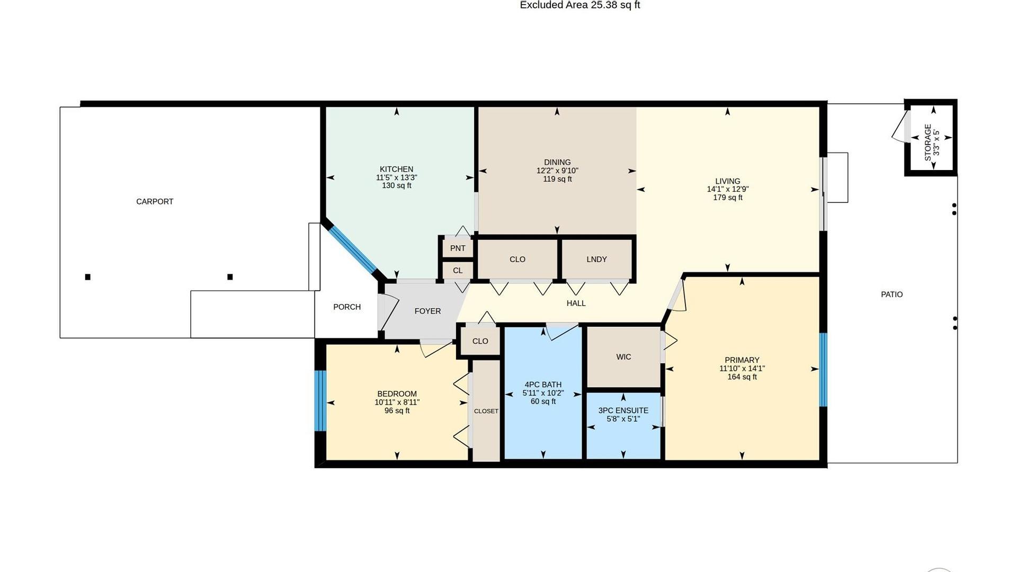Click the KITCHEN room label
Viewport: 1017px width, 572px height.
tap(396, 169)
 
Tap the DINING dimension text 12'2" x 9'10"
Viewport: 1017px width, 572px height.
tap(557, 171)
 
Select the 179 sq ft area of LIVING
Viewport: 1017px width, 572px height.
tap(728, 198)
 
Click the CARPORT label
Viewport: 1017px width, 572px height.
tap(155, 201)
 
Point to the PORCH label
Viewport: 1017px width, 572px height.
tap(347, 307)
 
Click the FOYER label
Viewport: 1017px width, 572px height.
tap(427, 311)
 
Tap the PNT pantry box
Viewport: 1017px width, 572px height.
tap(458, 248)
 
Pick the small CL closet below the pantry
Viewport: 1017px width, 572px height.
tap(458, 270)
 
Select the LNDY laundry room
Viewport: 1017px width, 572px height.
tap(596, 259)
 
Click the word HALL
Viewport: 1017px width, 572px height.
tap(576, 303)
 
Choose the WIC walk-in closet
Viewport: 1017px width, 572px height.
tap(623, 357)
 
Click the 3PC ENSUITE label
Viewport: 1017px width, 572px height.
tap(623, 410)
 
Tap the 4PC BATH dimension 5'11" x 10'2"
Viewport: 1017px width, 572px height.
tap(543, 394)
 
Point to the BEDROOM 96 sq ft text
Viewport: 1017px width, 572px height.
tap(397, 410)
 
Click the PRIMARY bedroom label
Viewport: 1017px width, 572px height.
tap(742, 360)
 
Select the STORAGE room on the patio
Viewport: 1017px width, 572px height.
tap(931, 138)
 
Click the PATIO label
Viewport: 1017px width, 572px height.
tap(892, 294)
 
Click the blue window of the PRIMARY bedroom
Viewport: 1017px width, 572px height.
tap(824, 369)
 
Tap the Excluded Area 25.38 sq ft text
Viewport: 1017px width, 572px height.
tap(580, 5)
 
